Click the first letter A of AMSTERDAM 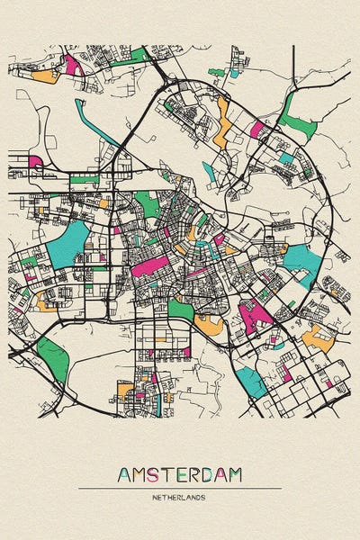(123, 474)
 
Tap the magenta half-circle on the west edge (35, 162)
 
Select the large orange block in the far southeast (317, 338)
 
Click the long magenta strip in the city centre (149, 265)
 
